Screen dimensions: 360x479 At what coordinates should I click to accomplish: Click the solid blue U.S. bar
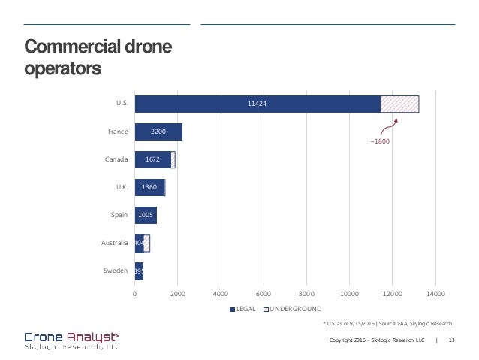pos(258,104)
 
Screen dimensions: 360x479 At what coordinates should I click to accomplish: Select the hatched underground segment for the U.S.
pos(399,104)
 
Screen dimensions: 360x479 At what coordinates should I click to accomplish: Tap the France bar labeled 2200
pos(158,132)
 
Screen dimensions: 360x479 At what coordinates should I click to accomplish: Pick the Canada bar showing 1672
pos(152,159)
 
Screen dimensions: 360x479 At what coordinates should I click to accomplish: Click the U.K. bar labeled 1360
pos(149,187)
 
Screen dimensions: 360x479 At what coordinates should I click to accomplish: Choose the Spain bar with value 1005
pos(146,215)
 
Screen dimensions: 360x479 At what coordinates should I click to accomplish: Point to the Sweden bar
pos(139,271)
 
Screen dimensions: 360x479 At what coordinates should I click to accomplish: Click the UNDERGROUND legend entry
pos(294,309)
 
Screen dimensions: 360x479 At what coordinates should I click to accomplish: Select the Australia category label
pos(114,243)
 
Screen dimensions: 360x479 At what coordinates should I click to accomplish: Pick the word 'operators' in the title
pos(63,70)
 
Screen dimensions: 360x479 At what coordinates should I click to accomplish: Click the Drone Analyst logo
pos(72,340)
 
